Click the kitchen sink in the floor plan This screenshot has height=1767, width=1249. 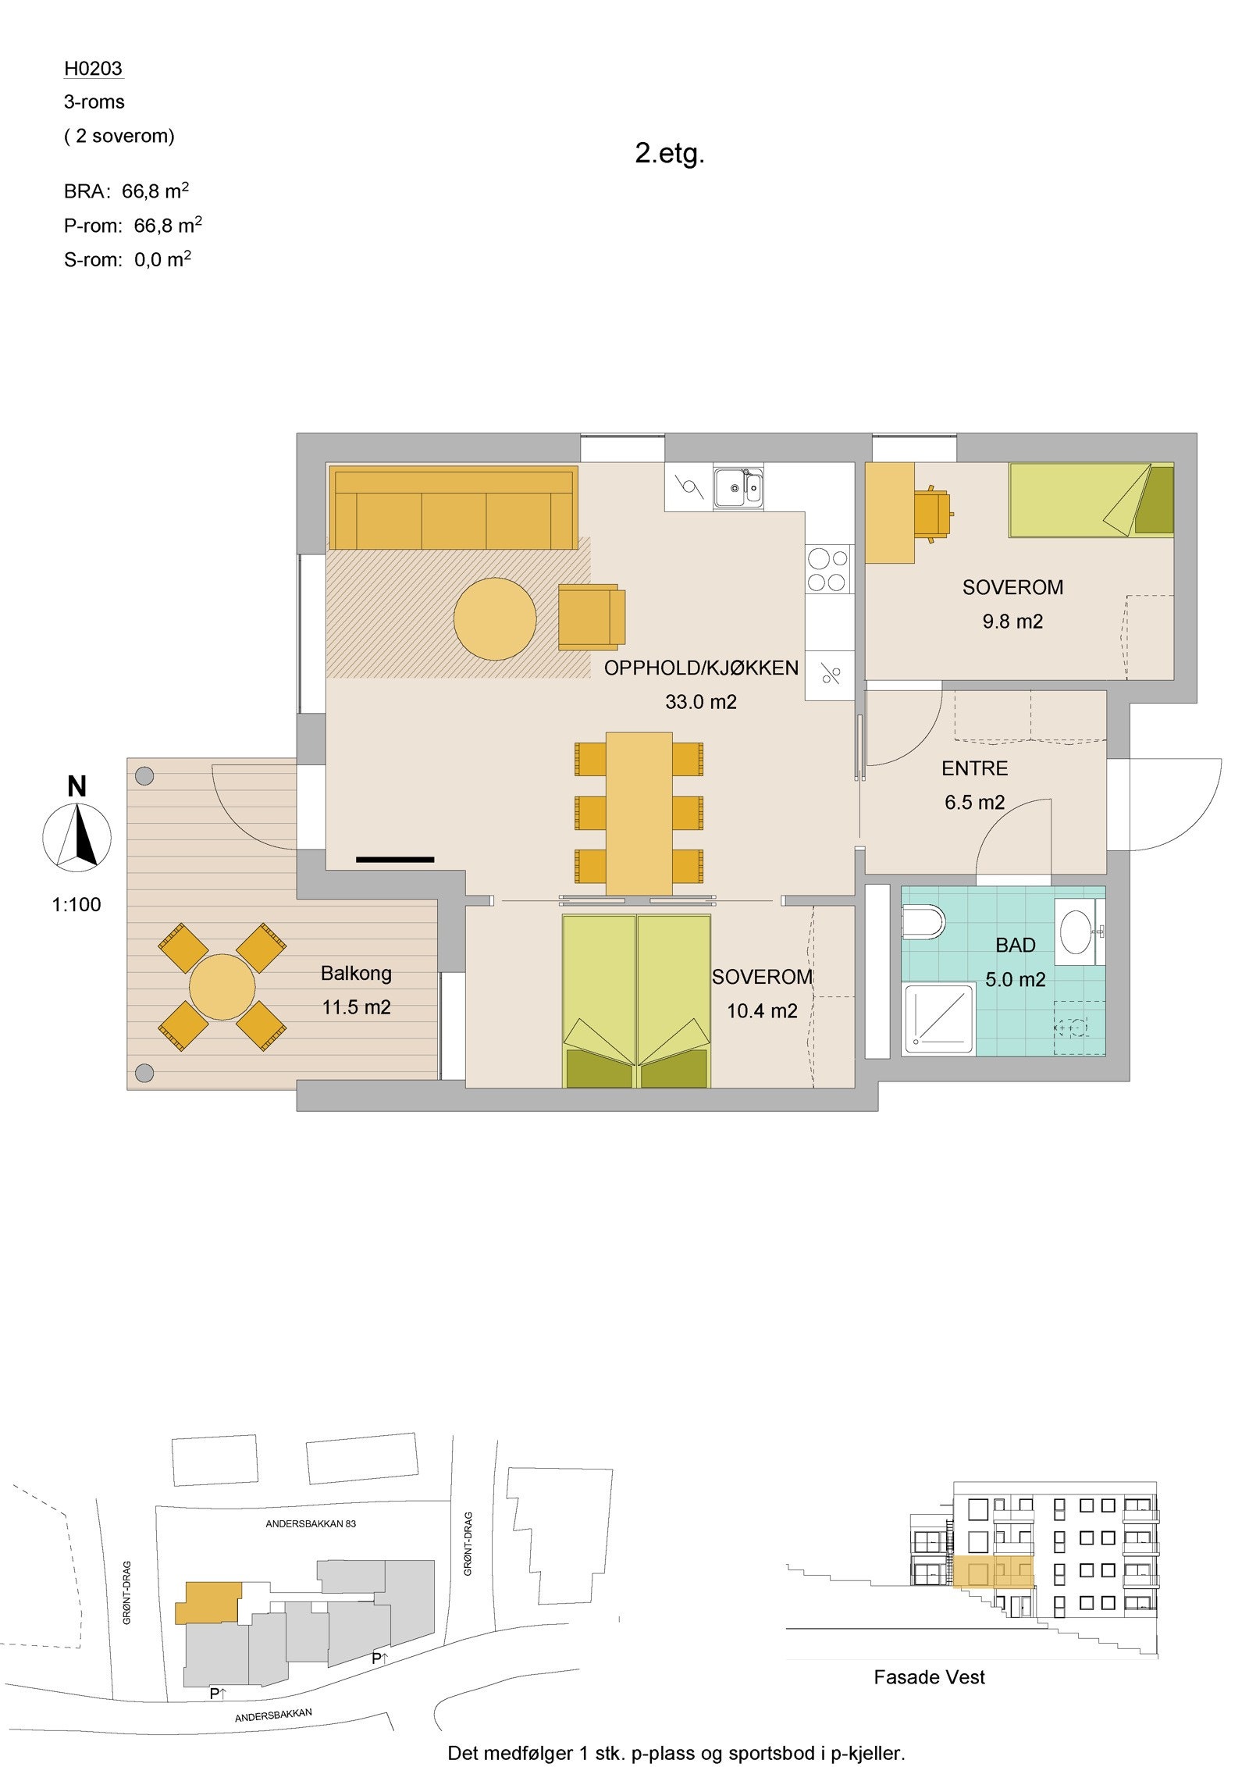tap(738, 486)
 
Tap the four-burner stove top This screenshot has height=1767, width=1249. tap(827, 570)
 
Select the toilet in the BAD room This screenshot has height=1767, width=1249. tap(923, 922)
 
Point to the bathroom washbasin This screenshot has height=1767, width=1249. tap(1080, 932)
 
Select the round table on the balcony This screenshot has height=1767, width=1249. tap(222, 986)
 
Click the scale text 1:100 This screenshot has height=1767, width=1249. tap(77, 905)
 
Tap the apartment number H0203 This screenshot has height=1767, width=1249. tap(93, 69)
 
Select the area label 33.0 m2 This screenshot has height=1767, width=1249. tap(700, 702)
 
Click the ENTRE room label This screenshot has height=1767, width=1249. tap(974, 768)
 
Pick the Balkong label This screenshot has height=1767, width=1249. tap(356, 974)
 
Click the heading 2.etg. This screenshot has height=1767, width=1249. tap(670, 154)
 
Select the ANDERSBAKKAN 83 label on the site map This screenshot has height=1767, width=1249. tap(311, 1523)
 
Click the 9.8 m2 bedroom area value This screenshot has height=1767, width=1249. tap(1012, 622)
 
